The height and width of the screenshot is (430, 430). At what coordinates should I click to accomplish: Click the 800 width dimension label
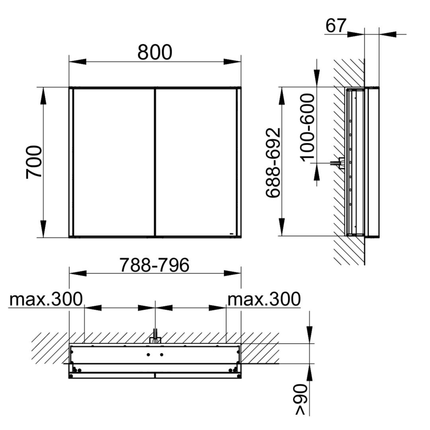click(x=154, y=52)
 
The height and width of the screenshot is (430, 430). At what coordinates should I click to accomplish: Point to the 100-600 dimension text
click(x=307, y=127)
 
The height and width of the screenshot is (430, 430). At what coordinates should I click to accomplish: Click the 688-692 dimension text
click(x=274, y=162)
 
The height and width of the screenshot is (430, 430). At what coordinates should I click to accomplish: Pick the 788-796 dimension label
click(x=154, y=265)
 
